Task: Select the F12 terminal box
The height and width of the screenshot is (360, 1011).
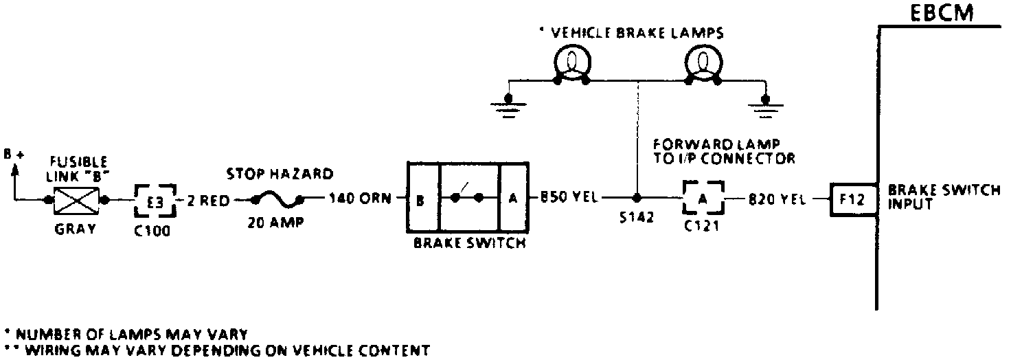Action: pyautogui.click(x=852, y=200)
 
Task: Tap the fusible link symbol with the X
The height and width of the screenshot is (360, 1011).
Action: pyautogui.click(x=76, y=200)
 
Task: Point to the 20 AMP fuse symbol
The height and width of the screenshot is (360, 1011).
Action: pyautogui.click(x=278, y=200)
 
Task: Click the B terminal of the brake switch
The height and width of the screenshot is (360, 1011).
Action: pyautogui.click(x=420, y=200)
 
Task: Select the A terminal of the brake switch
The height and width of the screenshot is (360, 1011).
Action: pyautogui.click(x=512, y=200)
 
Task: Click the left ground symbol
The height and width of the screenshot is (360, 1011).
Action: pyautogui.click(x=508, y=106)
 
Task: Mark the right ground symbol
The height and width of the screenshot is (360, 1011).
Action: pyautogui.click(x=764, y=106)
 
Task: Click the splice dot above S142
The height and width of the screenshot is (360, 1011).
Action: pyautogui.click(x=637, y=200)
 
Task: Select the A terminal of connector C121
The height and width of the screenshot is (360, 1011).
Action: pyautogui.click(x=702, y=200)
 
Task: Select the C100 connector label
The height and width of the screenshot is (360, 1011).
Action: pyautogui.click(x=152, y=231)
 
